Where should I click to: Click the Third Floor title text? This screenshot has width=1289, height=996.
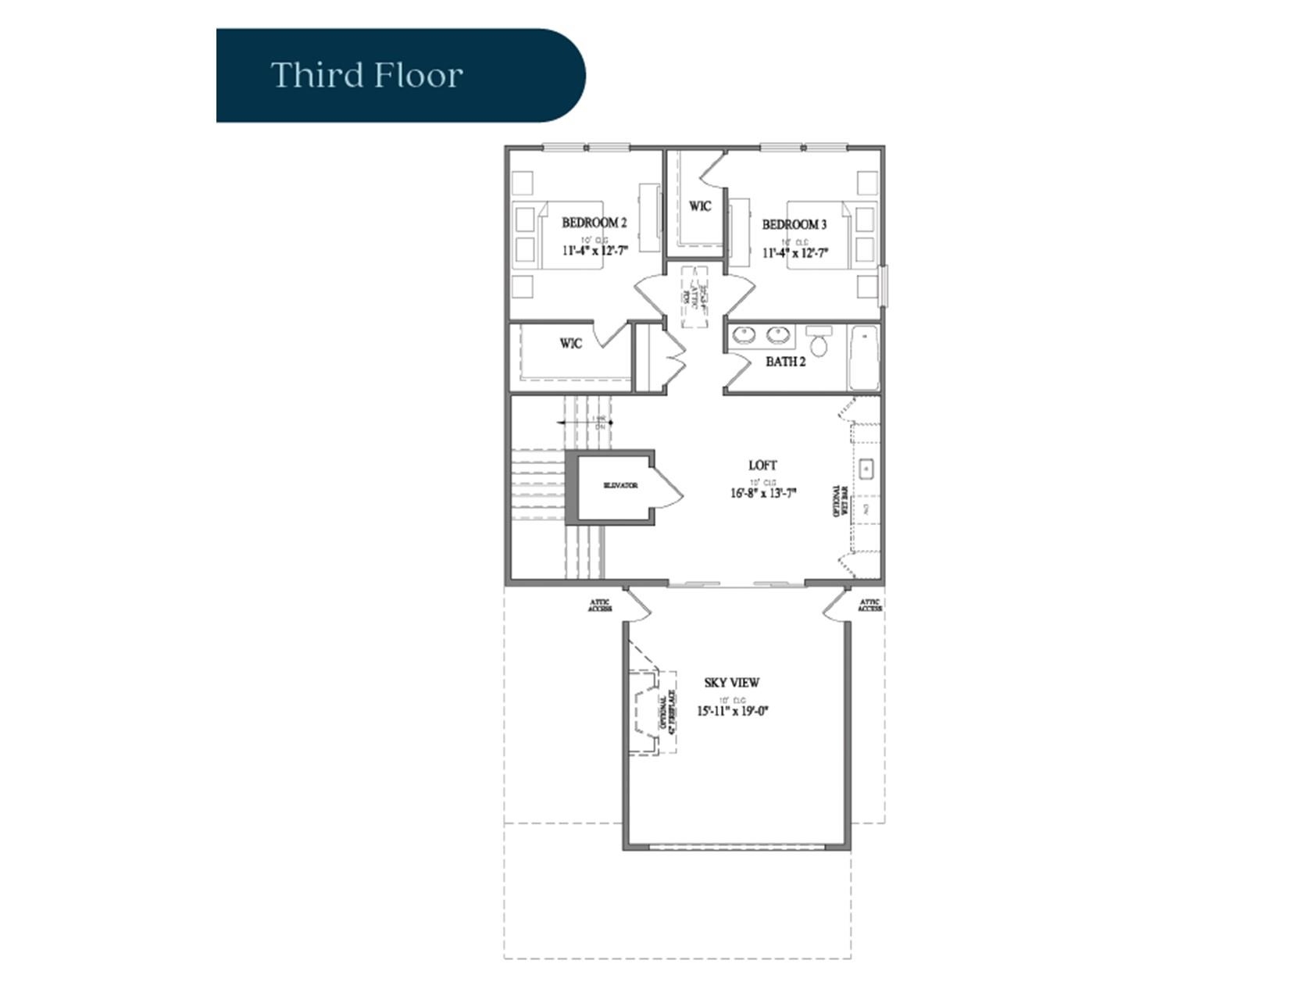[366, 76]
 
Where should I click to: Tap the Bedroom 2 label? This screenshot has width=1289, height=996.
[594, 223]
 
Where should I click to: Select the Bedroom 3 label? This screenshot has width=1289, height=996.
[794, 224]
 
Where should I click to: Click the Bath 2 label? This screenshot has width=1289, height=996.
[785, 362]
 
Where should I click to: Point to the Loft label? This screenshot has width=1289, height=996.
[762, 466]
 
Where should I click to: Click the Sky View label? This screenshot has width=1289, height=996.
[731, 683]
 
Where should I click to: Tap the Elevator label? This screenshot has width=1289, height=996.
[620, 485]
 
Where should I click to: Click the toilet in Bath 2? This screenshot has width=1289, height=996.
[819, 341]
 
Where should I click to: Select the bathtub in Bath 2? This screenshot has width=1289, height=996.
[864, 358]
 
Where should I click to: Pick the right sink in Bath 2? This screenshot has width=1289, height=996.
[777, 335]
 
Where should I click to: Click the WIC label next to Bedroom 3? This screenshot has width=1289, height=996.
[700, 206]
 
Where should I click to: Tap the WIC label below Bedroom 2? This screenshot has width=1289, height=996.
[570, 344]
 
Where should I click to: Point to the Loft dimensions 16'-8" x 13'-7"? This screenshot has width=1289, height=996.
[762, 494]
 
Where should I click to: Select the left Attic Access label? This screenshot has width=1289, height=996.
[599, 605]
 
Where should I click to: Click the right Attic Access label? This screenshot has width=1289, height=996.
[869, 605]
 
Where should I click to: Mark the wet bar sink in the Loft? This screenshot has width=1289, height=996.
[866, 469]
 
